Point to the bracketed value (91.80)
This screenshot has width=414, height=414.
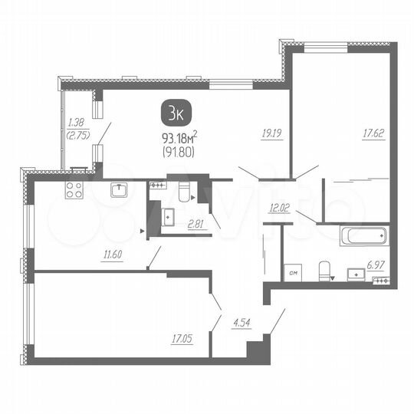coord(177,152)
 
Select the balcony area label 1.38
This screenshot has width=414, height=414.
coord(75,122)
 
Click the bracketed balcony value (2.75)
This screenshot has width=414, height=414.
coord(75,134)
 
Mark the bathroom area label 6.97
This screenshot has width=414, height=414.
coord(376,264)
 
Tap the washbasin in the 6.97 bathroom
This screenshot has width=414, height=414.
coord(356,274)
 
